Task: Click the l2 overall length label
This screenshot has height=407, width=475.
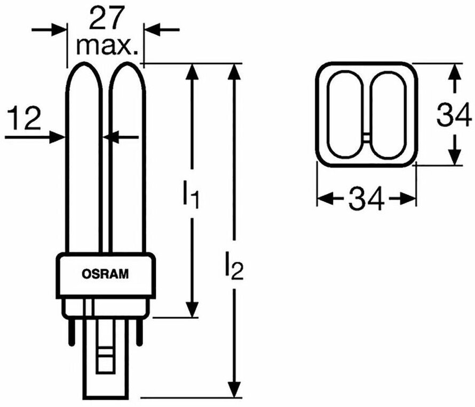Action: tap(234, 267)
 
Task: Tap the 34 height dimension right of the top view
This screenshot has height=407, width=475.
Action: tap(453, 115)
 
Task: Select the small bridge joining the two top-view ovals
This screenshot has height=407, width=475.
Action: tap(367, 137)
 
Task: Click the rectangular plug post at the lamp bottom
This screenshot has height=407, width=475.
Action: tap(105, 369)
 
